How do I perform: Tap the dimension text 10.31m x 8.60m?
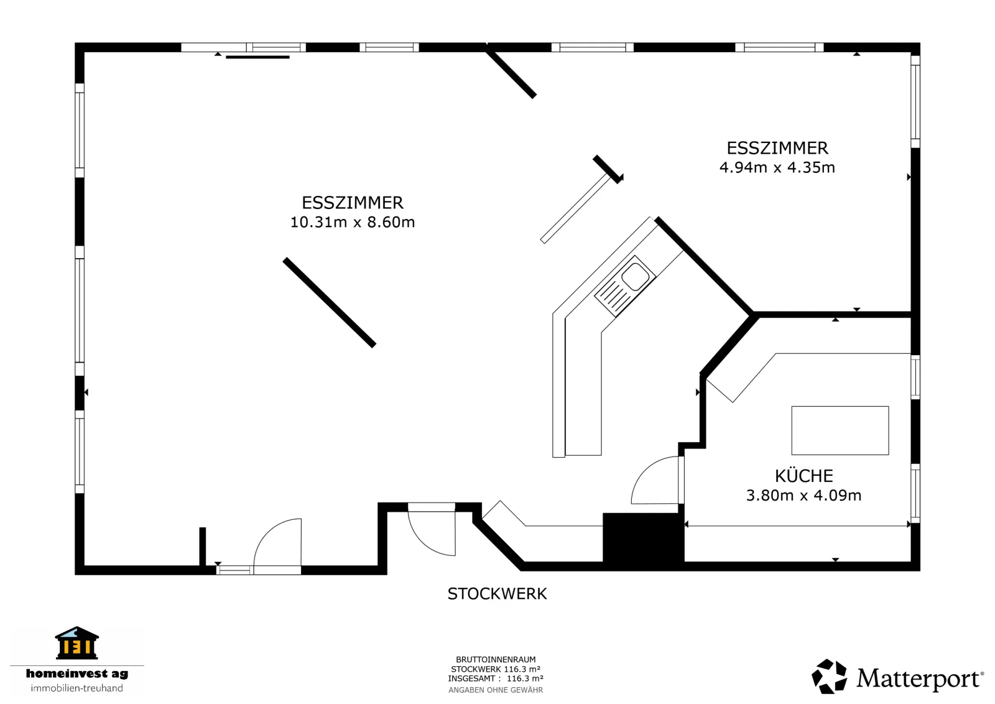352,221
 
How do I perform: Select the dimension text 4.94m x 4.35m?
777,167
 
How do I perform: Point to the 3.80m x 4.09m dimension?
803,495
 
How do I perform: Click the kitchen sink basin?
635,277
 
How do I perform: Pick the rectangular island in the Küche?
840,430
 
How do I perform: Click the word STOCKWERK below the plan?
497,594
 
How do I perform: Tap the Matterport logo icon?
829,675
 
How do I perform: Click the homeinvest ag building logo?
77,642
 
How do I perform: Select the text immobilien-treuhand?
77,688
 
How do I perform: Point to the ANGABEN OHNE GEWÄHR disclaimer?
496,690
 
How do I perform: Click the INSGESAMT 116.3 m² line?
496,679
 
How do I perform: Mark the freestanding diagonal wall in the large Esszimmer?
330,302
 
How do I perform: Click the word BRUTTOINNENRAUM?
496,660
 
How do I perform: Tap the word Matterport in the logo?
918,679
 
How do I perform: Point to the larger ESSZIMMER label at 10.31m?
352,203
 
